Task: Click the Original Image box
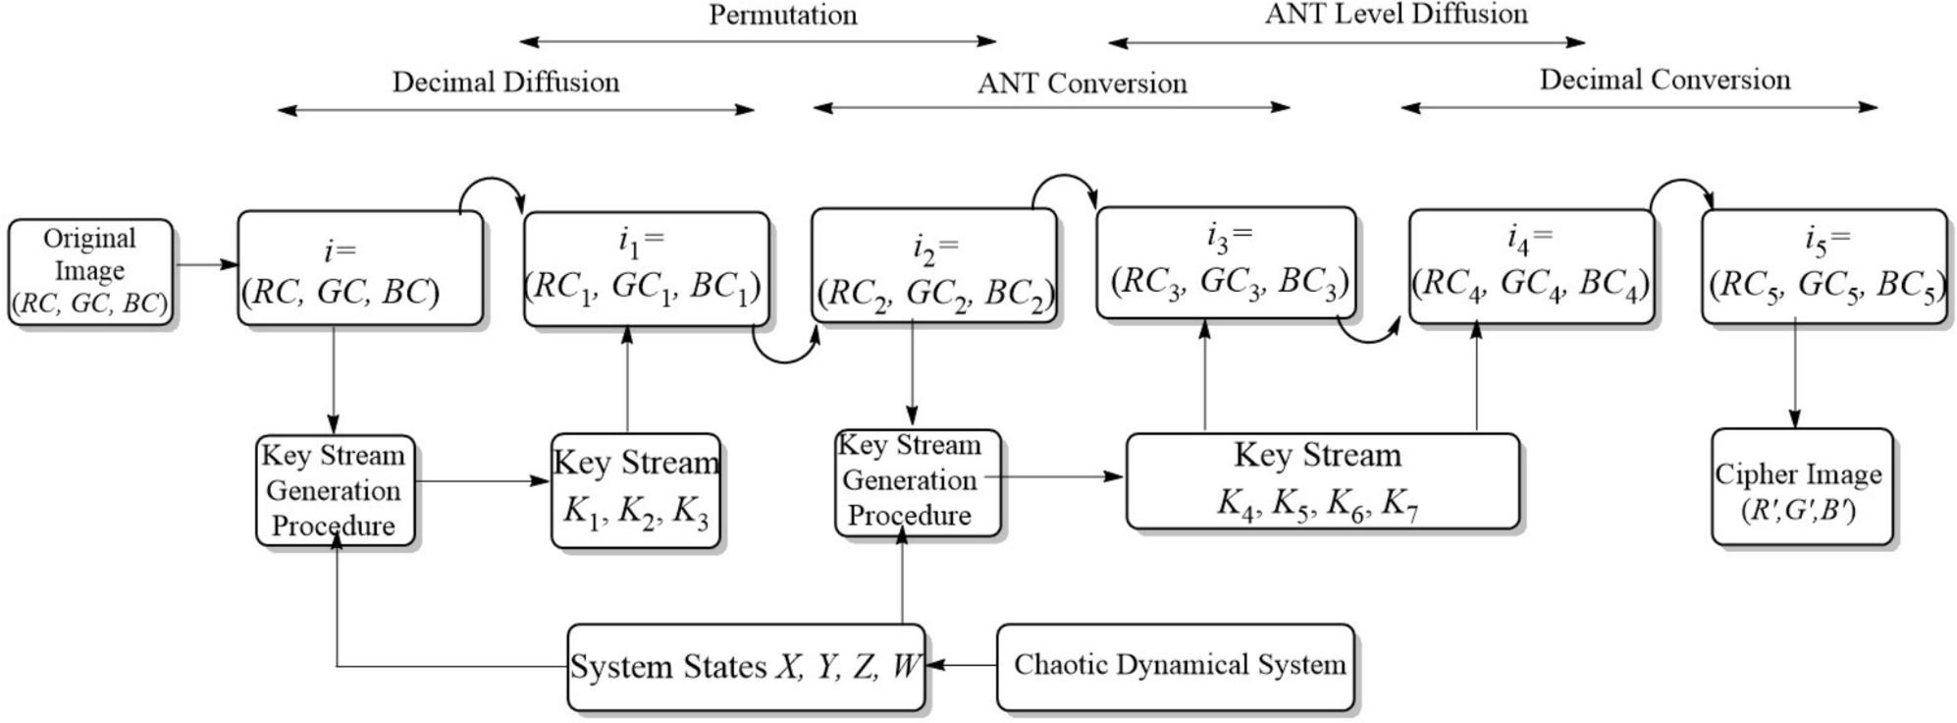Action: (x=90, y=272)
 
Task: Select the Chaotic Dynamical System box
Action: (x=1175, y=667)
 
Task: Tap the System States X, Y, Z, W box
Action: (x=746, y=667)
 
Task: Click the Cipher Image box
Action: (x=1801, y=487)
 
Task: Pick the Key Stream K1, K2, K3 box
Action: (x=635, y=489)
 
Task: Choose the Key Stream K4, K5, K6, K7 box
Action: (x=1322, y=481)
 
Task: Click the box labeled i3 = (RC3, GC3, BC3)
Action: (x=1226, y=263)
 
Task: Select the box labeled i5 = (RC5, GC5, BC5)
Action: (x=1824, y=265)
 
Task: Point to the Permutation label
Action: (x=782, y=15)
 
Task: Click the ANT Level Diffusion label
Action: (x=1396, y=14)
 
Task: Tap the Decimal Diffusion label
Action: (x=505, y=82)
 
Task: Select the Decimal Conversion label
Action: (x=1665, y=80)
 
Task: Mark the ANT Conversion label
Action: (x=1082, y=83)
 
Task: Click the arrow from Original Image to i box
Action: (x=206, y=264)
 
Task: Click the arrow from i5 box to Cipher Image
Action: (x=1795, y=373)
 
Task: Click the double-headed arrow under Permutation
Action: (x=758, y=42)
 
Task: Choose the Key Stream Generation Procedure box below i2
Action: (x=917, y=482)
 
